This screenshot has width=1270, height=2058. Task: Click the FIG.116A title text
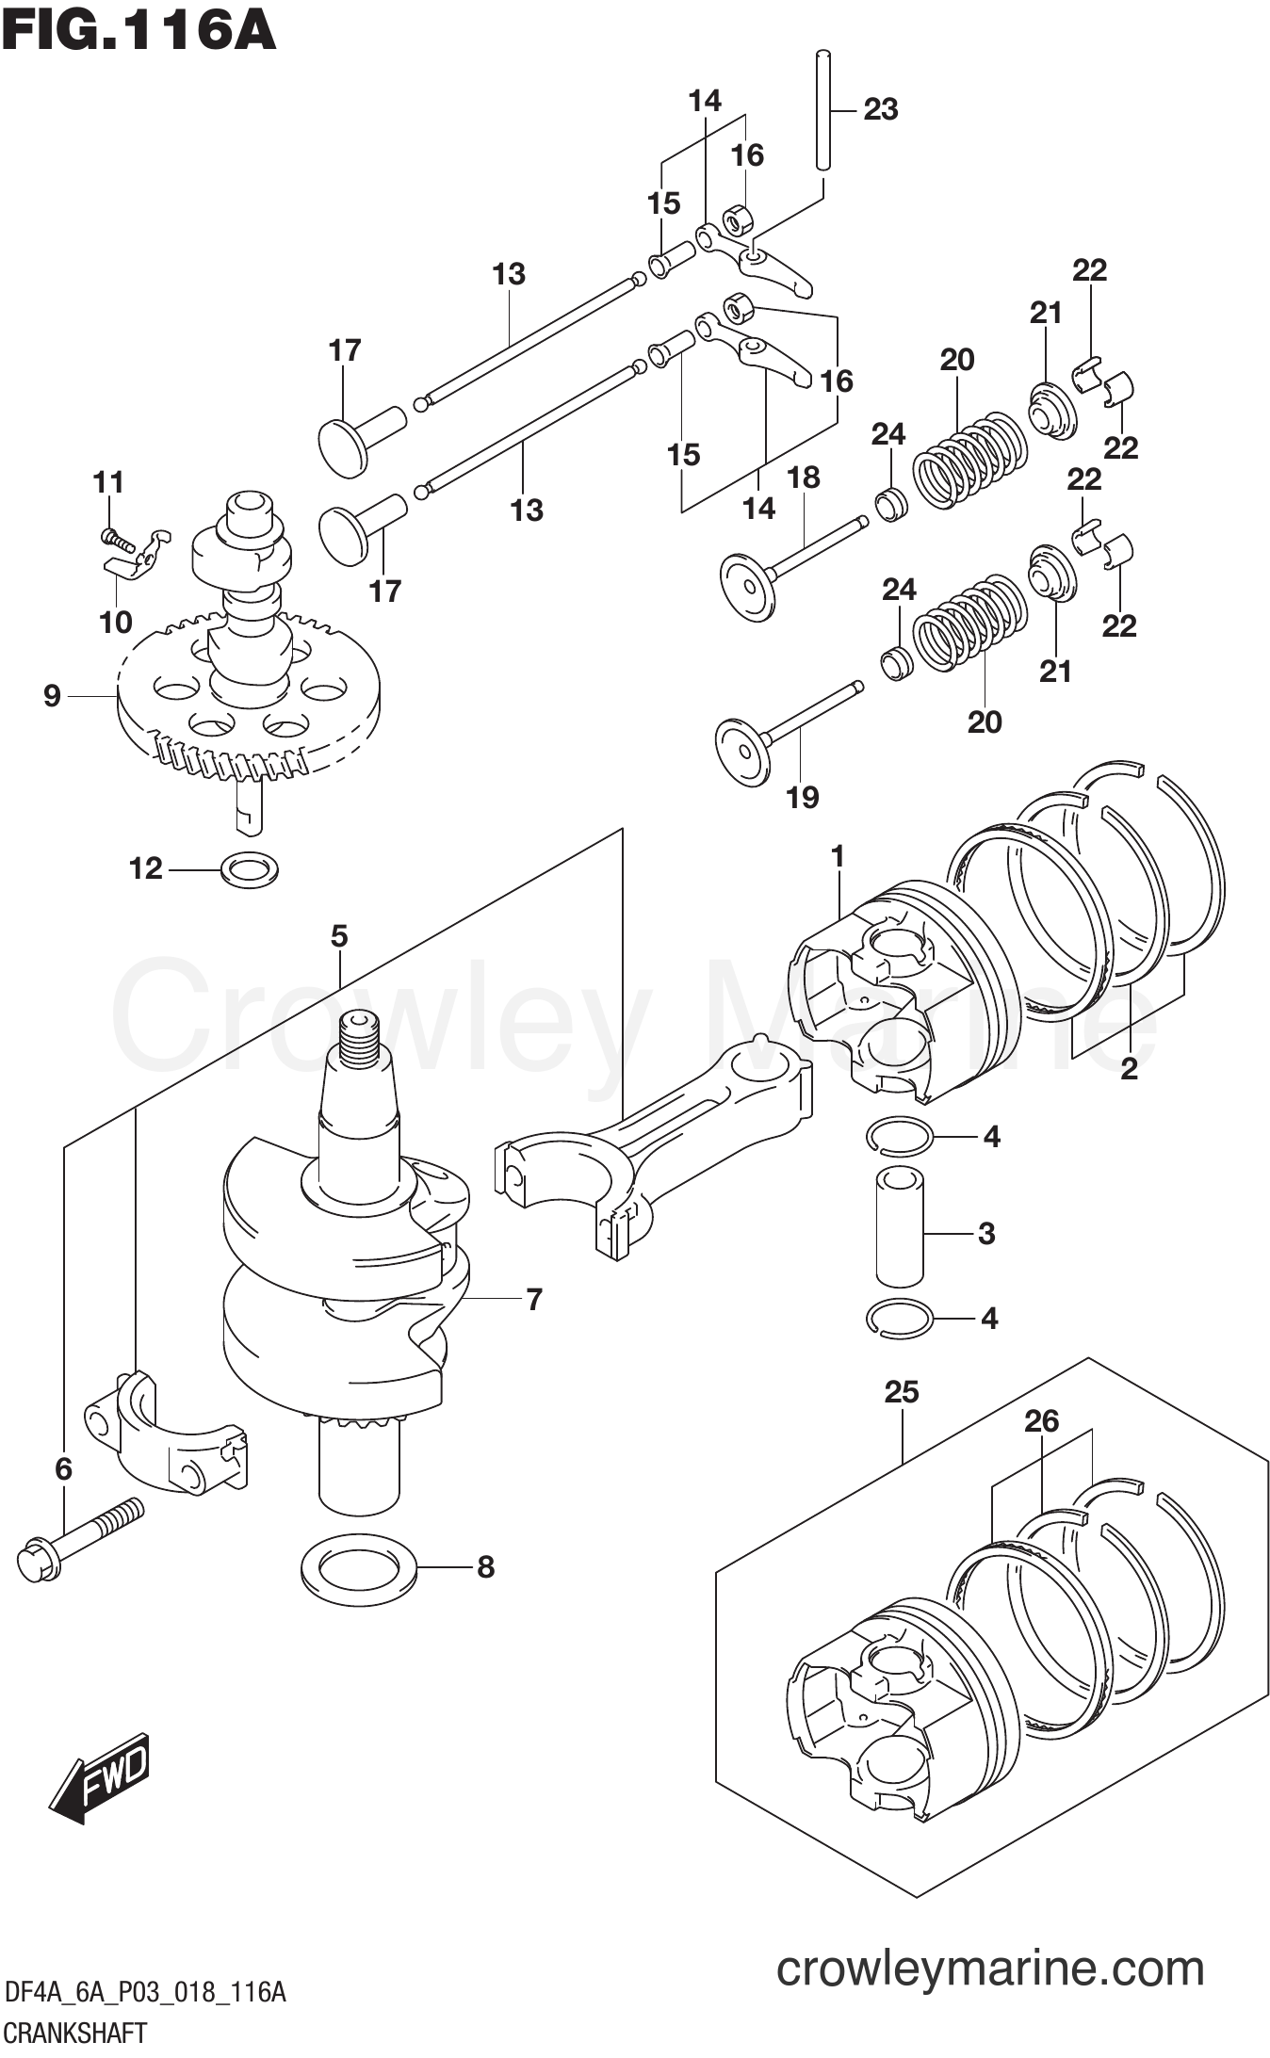138,30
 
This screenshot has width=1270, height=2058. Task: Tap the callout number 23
880,109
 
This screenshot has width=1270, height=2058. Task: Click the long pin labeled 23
823,111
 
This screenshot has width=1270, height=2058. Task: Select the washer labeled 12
249,867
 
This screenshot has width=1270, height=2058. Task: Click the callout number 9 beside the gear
52,696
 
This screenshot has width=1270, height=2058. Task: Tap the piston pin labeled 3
900,1228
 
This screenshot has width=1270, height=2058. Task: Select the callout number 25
901,1392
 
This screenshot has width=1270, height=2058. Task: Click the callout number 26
1041,1421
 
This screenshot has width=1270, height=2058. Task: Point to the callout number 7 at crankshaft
533,1300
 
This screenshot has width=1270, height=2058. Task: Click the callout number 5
339,936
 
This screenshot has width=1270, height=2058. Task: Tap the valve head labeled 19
744,752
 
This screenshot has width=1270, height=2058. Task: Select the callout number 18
804,478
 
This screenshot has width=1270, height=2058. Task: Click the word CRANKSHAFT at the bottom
75,2034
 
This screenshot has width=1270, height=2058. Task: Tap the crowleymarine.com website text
989,1969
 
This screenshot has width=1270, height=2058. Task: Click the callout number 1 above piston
837,856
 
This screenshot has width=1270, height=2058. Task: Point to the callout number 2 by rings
1129,1068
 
